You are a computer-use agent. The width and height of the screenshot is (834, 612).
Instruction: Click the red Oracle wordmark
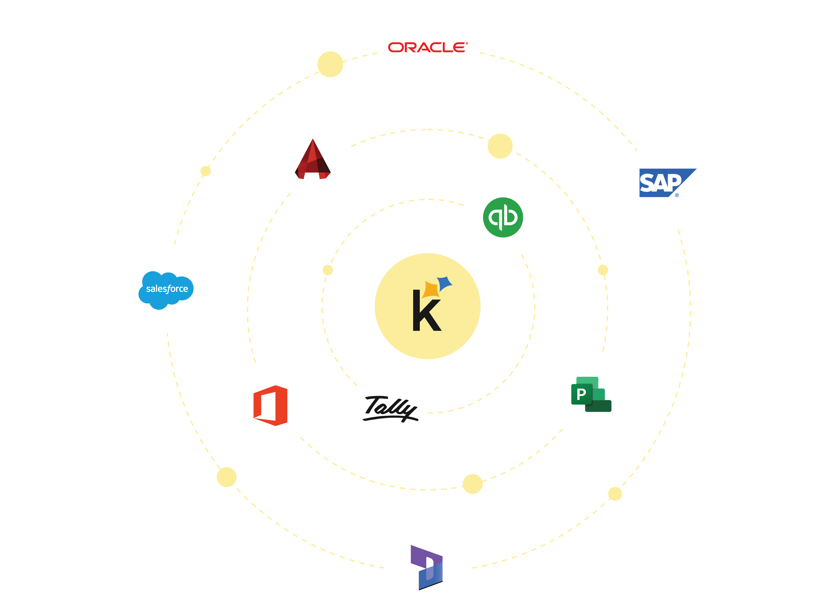[427, 47]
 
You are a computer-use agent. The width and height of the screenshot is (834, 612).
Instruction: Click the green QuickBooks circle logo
[503, 217]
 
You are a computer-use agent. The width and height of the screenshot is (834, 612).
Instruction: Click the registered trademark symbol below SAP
[677, 195]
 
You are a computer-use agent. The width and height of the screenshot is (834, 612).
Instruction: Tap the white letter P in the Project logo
[581, 394]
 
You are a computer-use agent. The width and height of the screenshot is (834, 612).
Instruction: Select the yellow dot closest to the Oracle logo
[330, 65]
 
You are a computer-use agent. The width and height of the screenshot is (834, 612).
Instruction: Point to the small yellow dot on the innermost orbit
[328, 270]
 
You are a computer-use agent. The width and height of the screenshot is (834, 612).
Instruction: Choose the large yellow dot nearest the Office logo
[227, 477]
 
